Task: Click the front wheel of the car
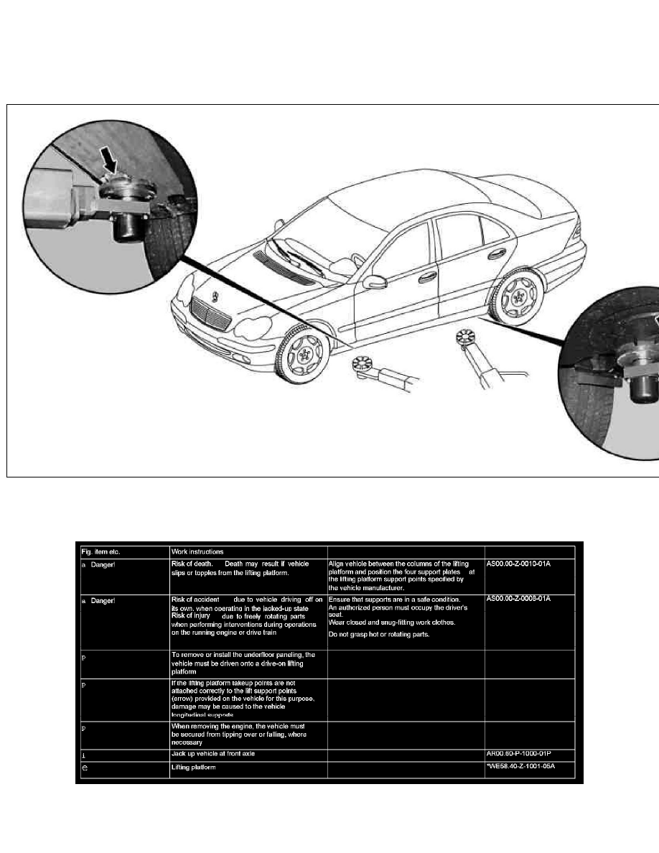pos(303,353)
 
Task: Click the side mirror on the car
pos(373,281)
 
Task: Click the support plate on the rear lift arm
pos(467,337)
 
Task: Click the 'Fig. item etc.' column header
pos(101,551)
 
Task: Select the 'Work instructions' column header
pos(197,551)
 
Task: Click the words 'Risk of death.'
pos(192,564)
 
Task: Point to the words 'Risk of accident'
pos(195,599)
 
